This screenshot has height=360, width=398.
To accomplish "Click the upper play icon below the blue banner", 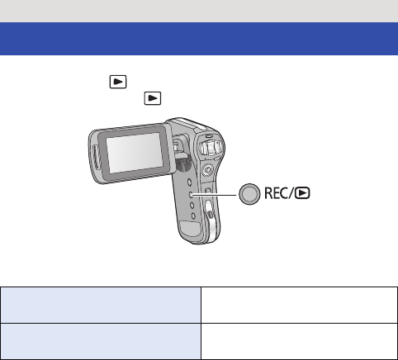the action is [118, 82].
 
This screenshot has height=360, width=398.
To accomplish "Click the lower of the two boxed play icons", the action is [153, 98].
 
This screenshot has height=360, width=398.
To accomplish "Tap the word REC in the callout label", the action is [276, 193].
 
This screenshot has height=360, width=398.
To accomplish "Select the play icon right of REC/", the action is [302, 193].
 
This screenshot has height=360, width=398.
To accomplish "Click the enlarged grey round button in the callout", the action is [249, 194].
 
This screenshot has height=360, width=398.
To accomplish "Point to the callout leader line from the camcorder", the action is [215, 195].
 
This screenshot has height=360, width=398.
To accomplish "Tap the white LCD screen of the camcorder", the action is [135, 153].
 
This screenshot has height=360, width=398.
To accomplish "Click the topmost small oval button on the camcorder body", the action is [189, 182].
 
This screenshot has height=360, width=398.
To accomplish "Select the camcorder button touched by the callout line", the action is [191, 194].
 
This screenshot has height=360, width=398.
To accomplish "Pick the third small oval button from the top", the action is [192, 206].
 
